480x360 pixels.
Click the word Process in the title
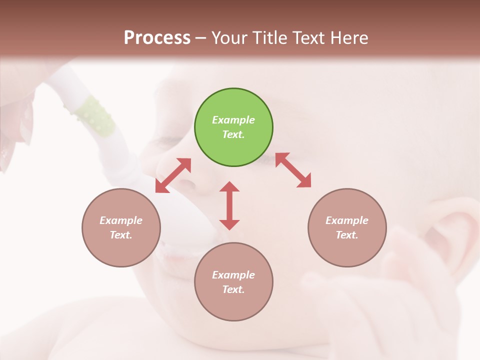[x=157, y=38]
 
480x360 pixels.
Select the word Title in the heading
[x=270, y=38]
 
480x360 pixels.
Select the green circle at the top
[x=233, y=127]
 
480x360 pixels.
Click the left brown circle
[x=121, y=227]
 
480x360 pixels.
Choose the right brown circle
[x=347, y=227]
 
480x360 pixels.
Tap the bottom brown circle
[x=233, y=282]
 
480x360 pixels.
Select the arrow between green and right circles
[x=293, y=170]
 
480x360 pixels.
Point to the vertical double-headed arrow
[x=229, y=205]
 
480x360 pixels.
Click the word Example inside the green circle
[x=233, y=120]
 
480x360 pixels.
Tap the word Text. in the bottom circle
[x=233, y=289]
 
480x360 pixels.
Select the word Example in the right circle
[x=347, y=220]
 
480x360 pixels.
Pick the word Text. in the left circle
[x=121, y=235]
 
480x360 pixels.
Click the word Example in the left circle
[x=121, y=220]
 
